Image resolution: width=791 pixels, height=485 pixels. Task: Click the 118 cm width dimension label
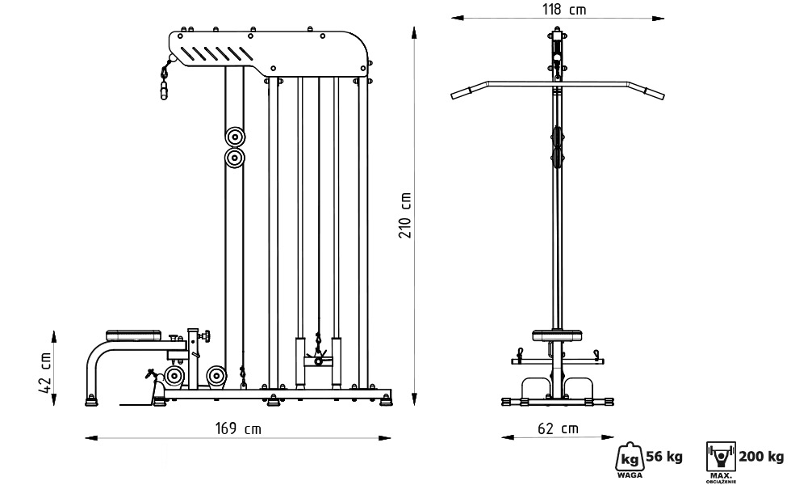pyautogui.click(x=564, y=10)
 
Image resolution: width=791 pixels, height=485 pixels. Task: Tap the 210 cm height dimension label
pyautogui.click(x=405, y=215)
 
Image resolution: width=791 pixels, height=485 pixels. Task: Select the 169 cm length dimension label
pyautogui.click(x=238, y=429)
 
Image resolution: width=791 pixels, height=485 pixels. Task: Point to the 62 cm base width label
pyautogui.click(x=558, y=428)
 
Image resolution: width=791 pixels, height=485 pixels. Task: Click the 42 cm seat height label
pyautogui.click(x=45, y=373)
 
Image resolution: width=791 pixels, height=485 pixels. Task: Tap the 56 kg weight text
pyautogui.click(x=663, y=457)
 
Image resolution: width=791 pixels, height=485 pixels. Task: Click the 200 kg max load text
pyautogui.click(x=761, y=457)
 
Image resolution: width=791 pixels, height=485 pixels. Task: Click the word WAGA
pyautogui.click(x=630, y=475)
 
